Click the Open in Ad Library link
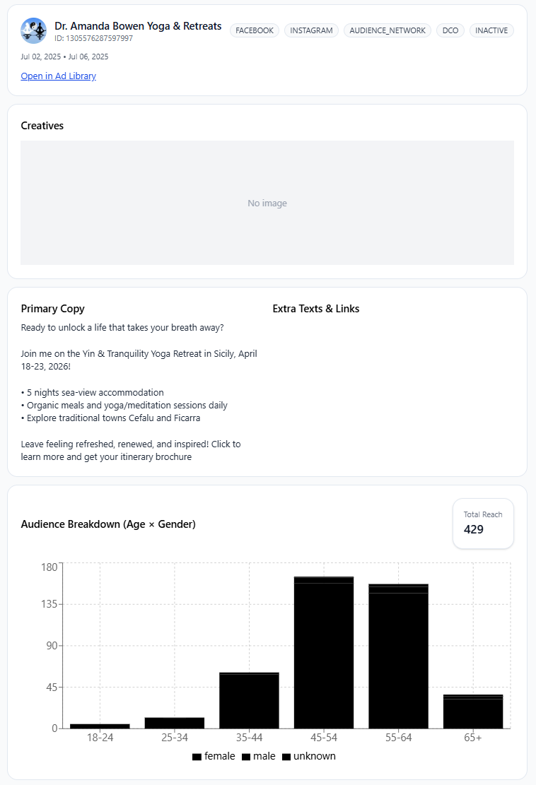58,76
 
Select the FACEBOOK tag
255,30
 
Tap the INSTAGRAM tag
311,30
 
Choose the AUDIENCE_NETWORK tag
388,30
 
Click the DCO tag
450,30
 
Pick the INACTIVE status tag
491,30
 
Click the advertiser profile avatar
34,31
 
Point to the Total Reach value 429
474,529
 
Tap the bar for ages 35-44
249,700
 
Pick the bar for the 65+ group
473,712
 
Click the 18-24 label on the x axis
100,738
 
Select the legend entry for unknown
309,757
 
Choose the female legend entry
214,757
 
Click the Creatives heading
42,126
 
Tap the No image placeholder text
267,203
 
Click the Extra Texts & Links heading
316,309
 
